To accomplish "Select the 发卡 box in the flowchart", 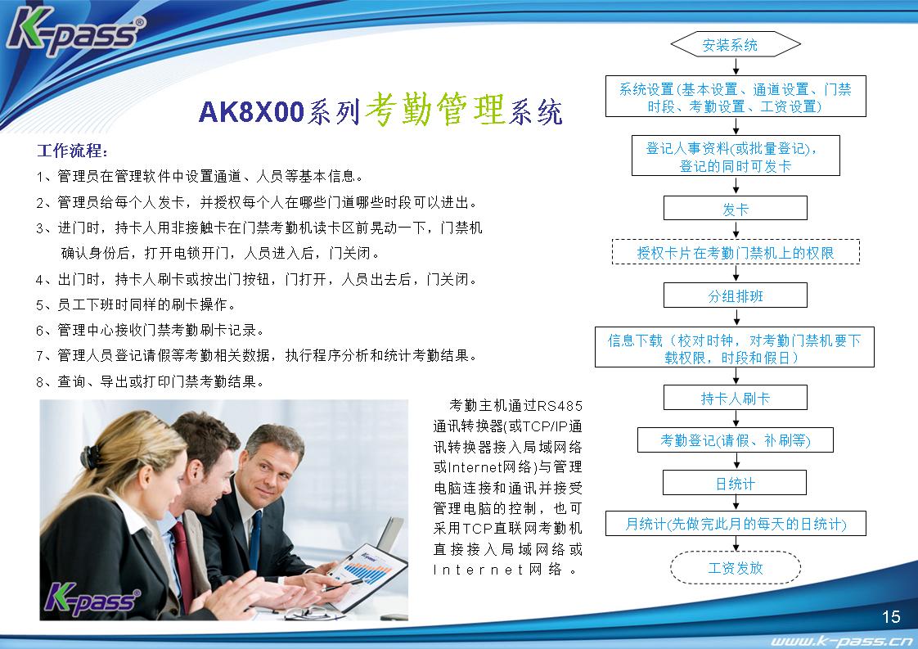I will point(736,209).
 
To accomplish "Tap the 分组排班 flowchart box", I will point(736,295).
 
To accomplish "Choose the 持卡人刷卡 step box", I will point(736,398).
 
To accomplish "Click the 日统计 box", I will point(736,483).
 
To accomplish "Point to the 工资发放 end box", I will point(736,567).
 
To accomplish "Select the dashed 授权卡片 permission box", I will point(736,252).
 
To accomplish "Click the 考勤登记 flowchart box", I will point(736,440).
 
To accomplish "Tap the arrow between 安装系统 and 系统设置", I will point(736,67).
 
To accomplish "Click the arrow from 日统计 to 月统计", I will point(736,503).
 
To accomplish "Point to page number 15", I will point(891,616).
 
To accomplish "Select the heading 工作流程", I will point(72,151).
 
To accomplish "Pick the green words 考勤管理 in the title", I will point(434,110).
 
